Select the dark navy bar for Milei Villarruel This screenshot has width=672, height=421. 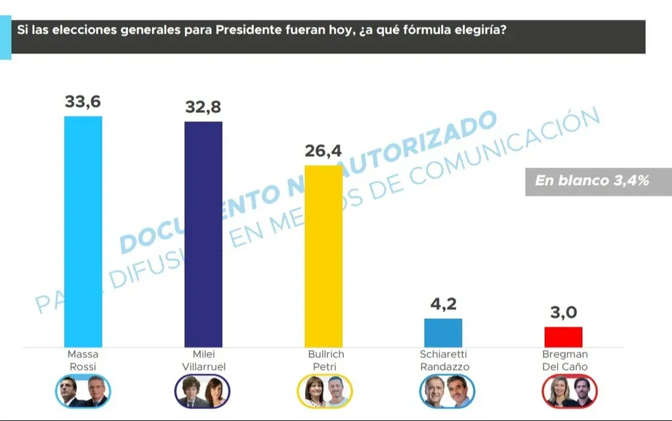[203, 233]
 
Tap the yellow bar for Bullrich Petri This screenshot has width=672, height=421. [324, 256]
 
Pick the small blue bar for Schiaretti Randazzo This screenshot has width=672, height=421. [443, 332]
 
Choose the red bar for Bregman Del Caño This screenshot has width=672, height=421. [563, 336]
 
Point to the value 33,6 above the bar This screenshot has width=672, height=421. [83, 102]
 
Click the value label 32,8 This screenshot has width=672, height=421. [203, 108]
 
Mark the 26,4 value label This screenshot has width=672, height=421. [323, 151]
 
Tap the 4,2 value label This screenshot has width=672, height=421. [443, 305]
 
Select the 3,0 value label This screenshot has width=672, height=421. [563, 313]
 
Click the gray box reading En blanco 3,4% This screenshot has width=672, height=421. [592, 181]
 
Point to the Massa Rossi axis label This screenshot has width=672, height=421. [83, 360]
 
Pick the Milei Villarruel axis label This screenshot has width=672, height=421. [203, 360]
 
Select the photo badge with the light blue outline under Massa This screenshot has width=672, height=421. [83, 391]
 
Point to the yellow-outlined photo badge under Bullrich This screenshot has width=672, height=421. [324, 391]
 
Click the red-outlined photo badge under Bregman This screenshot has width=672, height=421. [570, 391]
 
